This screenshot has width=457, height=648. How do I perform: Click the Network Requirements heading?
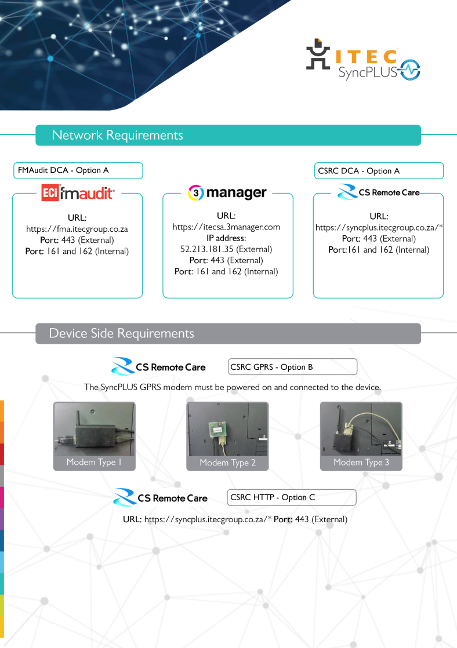(x=117, y=136)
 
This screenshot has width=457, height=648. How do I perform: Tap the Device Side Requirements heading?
(x=121, y=333)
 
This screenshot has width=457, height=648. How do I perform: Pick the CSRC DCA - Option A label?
(x=359, y=171)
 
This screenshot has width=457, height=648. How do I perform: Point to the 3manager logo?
(x=227, y=193)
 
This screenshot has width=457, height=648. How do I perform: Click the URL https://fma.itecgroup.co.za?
(x=77, y=229)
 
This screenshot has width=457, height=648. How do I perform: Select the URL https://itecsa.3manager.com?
(x=226, y=227)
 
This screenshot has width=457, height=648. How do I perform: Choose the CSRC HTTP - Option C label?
(x=273, y=497)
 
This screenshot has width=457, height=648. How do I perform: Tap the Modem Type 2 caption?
(x=227, y=463)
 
